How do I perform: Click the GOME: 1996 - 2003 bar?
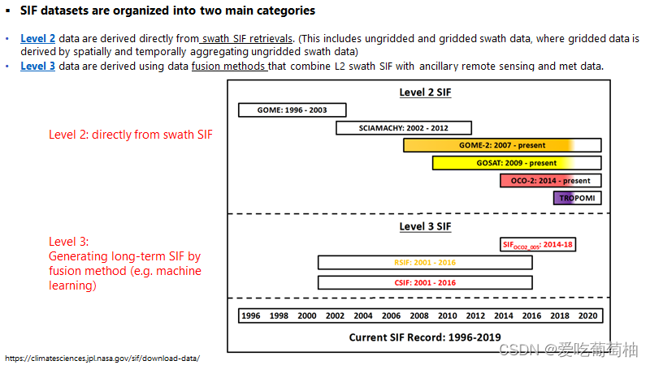coord(292,110)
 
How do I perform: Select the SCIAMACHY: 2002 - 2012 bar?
coord(392,127)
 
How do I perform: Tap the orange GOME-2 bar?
coord(502,145)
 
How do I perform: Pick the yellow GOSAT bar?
coord(517,163)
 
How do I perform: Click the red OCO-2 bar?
coord(551,180)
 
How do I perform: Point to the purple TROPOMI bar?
coord(577,197)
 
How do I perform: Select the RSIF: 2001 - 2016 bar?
coord(425,262)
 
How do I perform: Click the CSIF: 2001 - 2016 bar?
coord(425,282)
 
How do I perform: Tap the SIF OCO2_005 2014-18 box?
coord(539,244)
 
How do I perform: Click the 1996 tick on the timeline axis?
coord(252,316)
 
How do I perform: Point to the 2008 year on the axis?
coord(420,316)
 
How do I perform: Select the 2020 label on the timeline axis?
coord(587,316)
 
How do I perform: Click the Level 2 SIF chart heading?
coord(425,92)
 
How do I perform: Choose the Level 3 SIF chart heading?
coord(425,226)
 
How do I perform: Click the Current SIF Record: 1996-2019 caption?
coord(425,337)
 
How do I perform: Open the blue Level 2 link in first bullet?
coord(38,39)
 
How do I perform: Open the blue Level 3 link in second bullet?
coord(38,66)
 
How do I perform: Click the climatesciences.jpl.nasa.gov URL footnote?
coord(102,358)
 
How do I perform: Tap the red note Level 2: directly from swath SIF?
coord(131,135)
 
